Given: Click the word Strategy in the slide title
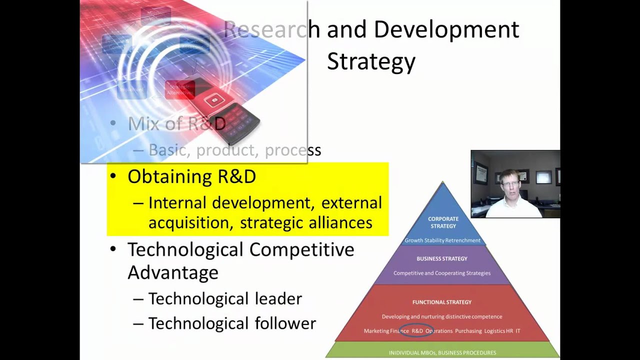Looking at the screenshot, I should pos(371,61).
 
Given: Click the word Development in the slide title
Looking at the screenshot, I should pos(446,30).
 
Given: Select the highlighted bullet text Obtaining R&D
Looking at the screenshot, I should pos(191,177).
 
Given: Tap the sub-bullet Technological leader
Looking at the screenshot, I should pos(225,299).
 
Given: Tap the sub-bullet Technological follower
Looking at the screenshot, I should pos(232,323).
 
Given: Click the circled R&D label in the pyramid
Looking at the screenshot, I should pos(417,331).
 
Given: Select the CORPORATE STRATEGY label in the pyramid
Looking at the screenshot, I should pos(443,222).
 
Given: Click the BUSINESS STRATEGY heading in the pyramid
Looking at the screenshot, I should pos(442,259).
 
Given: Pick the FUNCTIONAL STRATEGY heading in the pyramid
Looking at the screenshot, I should pos(442,302).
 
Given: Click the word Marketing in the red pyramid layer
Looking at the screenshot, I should pos(379,331).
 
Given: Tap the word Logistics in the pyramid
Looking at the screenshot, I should pos(494,331).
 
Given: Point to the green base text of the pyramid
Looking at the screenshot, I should pos(442,352).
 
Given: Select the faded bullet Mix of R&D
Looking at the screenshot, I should pos(176,123).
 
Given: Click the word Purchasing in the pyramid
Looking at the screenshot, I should pos(468,331).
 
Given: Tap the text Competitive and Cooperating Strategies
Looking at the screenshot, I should pos(442,273).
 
